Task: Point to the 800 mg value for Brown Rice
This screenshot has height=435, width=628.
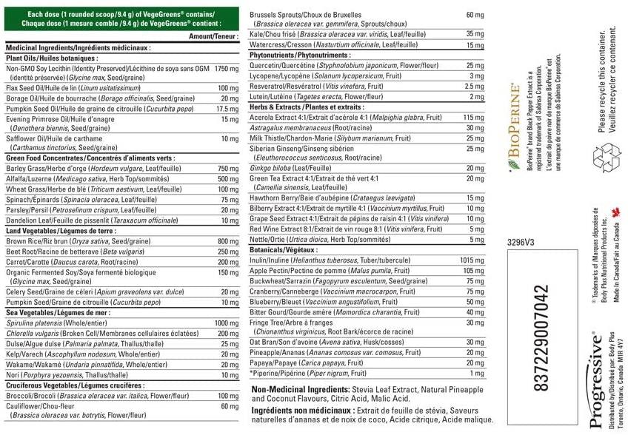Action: click(x=228, y=241)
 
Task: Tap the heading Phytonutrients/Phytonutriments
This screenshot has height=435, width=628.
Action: click(x=298, y=55)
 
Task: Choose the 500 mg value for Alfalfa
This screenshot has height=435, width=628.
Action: click(x=228, y=179)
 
